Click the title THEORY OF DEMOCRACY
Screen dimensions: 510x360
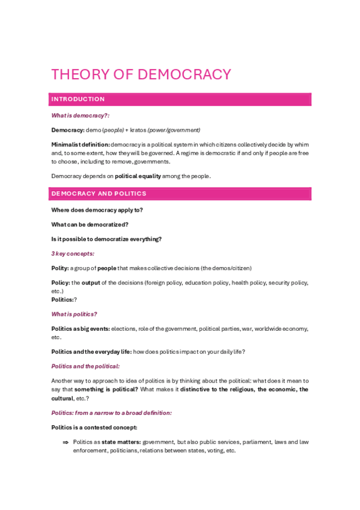tap(141, 75)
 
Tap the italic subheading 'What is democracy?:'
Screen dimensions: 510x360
tap(80, 115)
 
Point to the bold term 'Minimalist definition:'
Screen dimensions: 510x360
tap(81, 144)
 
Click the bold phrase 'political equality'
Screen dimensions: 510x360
tap(138, 176)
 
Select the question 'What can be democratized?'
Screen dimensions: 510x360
tap(90, 224)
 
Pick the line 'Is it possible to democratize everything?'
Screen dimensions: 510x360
tap(106, 239)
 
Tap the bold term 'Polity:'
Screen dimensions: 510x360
tap(60, 268)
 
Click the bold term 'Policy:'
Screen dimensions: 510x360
tap(61, 282)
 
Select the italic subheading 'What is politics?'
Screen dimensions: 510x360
tap(74, 314)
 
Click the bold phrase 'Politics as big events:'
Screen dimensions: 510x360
tap(81, 328)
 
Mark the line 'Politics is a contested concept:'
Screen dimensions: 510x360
tap(94, 427)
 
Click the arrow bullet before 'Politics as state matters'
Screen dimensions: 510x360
tap(65, 442)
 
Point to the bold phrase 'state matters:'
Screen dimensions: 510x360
tap(121, 442)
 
